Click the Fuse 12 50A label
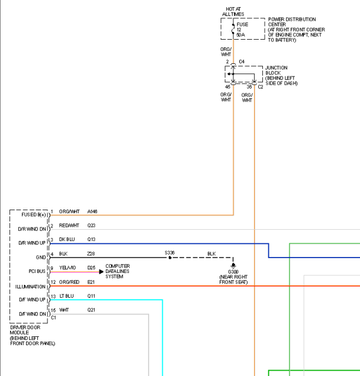242,30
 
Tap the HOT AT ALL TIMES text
233,12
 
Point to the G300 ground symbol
233,265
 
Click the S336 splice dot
170,258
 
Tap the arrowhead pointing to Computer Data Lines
101,272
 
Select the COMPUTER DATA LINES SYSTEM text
117,271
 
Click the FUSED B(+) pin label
34,214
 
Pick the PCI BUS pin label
37,271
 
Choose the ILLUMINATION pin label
30,287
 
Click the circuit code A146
92,211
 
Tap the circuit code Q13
91,239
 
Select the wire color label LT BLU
66,296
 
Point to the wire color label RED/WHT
69,226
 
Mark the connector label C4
242,62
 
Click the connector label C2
261,87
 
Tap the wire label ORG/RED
69,282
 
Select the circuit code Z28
91,253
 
